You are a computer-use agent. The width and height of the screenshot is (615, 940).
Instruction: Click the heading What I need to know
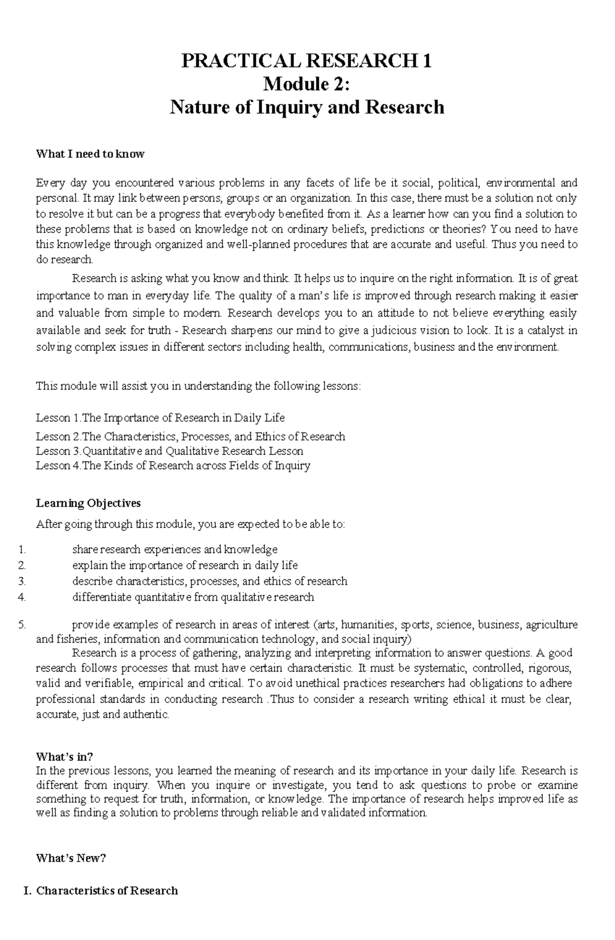(x=90, y=154)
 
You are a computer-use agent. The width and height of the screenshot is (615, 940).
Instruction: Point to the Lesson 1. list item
(x=160, y=418)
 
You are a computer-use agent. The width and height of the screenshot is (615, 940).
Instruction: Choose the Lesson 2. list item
(x=190, y=437)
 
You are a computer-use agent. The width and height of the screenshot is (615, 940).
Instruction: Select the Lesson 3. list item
(x=169, y=451)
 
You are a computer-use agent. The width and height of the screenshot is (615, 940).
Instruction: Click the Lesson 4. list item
(x=173, y=466)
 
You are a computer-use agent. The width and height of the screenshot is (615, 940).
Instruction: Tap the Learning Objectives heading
(x=88, y=504)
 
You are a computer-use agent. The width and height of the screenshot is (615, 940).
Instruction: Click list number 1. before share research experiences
(x=22, y=550)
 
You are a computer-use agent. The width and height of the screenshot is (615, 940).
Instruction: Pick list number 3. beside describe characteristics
(x=22, y=581)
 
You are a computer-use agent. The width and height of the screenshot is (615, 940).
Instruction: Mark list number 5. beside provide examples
(x=22, y=625)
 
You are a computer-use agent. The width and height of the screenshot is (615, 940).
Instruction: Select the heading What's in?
(x=65, y=757)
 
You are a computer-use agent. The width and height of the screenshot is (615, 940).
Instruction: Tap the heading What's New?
(x=71, y=859)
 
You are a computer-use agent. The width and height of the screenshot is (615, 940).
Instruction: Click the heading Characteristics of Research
(x=107, y=891)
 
